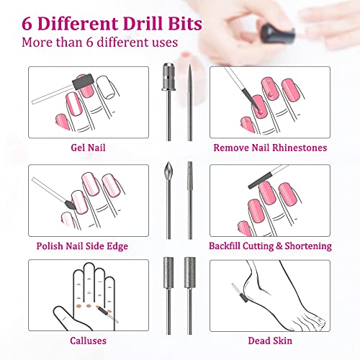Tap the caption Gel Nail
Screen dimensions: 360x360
(78, 148)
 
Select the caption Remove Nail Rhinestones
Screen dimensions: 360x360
(270, 148)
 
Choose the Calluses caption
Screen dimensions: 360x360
(78, 343)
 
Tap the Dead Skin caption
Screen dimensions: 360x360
(270, 343)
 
